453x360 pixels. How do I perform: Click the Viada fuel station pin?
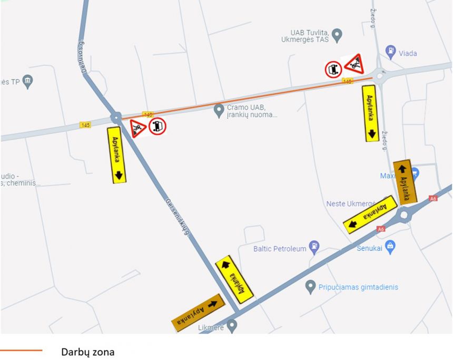(391, 52)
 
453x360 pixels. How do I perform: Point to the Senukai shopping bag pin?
(390, 246)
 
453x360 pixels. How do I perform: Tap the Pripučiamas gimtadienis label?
(358, 287)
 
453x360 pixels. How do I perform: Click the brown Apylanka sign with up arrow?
(405, 182)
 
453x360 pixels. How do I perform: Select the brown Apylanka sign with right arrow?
(198, 313)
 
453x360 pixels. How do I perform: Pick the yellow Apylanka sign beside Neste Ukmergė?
(370, 215)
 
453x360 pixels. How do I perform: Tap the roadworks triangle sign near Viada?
(354, 65)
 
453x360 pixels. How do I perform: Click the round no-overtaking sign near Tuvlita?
(333, 70)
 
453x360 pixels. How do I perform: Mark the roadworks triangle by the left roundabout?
(138, 128)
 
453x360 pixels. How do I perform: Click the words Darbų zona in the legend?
(87, 352)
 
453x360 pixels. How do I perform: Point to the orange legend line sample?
(21, 350)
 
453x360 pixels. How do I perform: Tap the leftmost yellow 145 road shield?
(85, 125)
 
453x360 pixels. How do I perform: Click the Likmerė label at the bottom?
(211, 328)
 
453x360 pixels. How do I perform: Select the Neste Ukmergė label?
(350, 203)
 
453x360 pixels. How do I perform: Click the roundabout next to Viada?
(380, 77)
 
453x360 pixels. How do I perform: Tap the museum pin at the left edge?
(28, 81)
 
